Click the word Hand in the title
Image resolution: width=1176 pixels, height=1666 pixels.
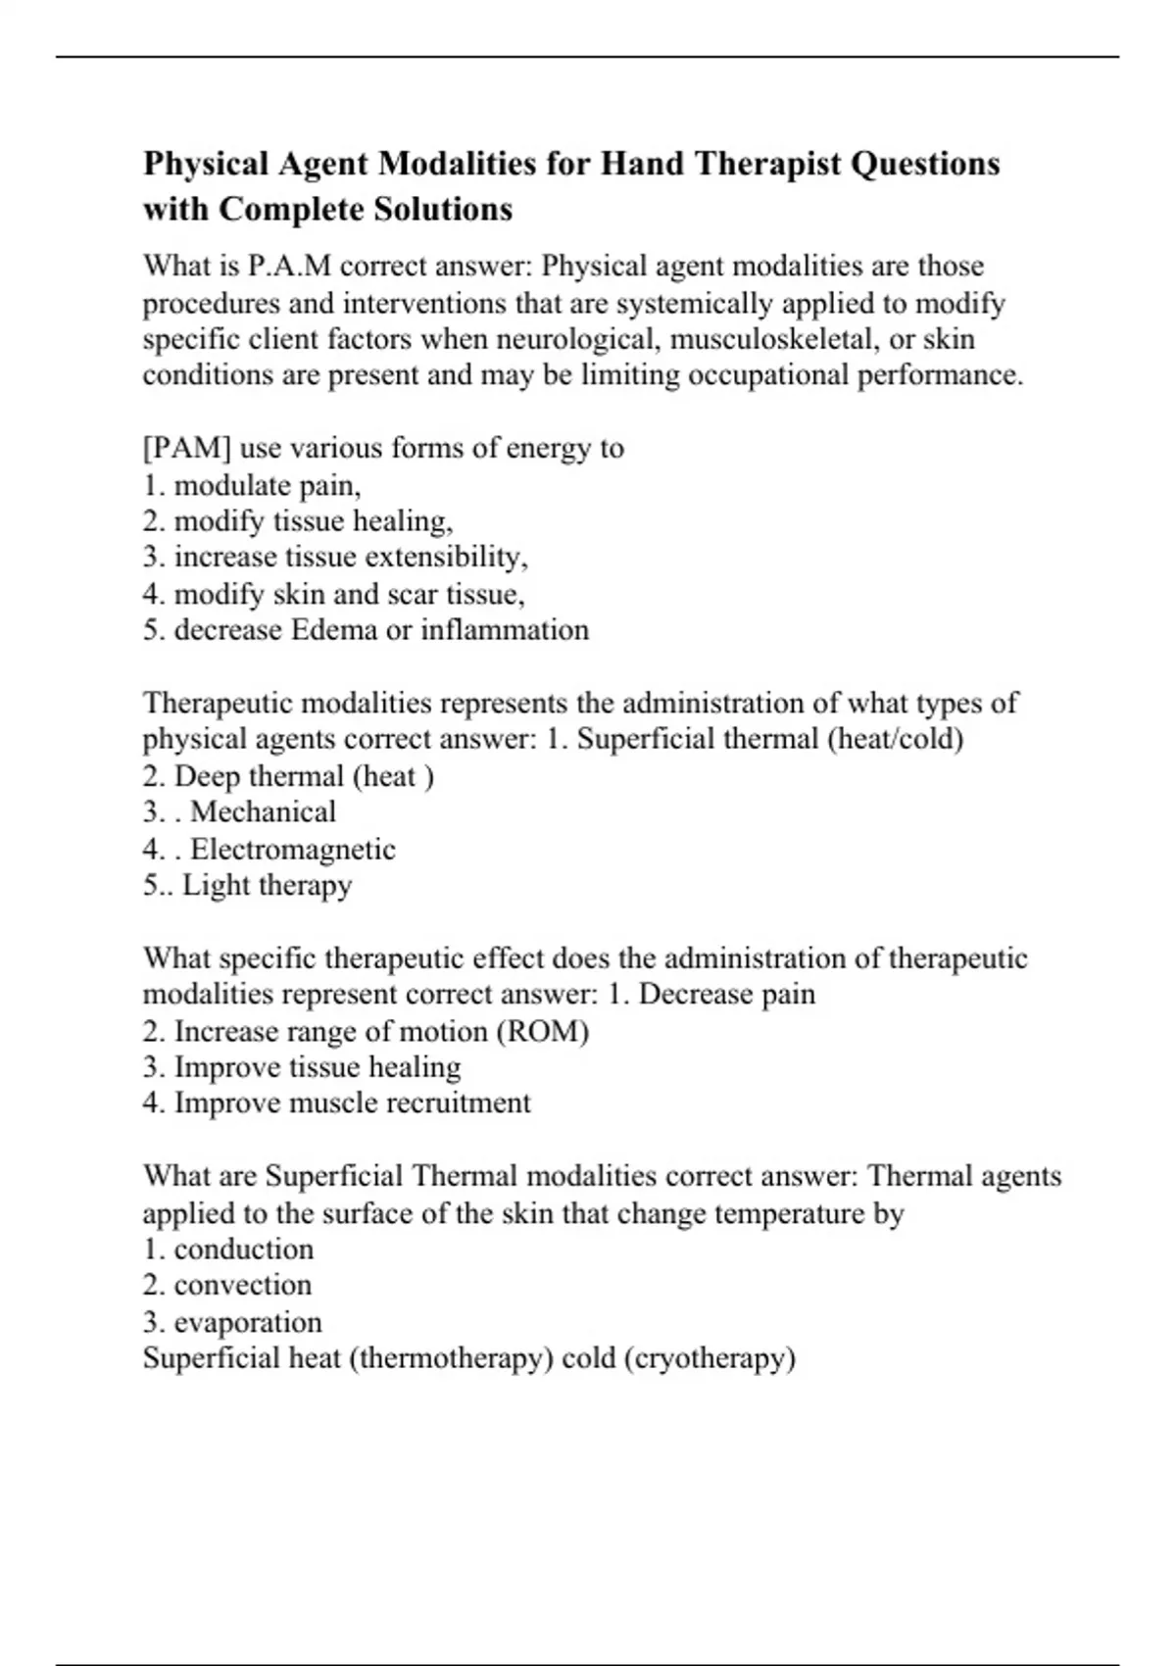(642, 163)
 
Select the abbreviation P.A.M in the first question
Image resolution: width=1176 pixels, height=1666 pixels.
(288, 266)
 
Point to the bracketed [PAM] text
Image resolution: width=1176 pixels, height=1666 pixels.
(187, 448)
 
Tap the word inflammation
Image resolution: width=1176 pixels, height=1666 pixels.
(505, 629)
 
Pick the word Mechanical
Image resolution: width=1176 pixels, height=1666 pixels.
(263, 811)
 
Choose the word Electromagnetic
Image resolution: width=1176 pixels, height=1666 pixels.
(292, 849)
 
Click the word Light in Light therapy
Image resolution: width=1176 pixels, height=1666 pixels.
(210, 885)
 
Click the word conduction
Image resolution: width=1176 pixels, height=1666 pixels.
(244, 1249)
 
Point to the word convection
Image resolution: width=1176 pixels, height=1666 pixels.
(243, 1285)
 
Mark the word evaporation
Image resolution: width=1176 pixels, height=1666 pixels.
(248, 1322)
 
